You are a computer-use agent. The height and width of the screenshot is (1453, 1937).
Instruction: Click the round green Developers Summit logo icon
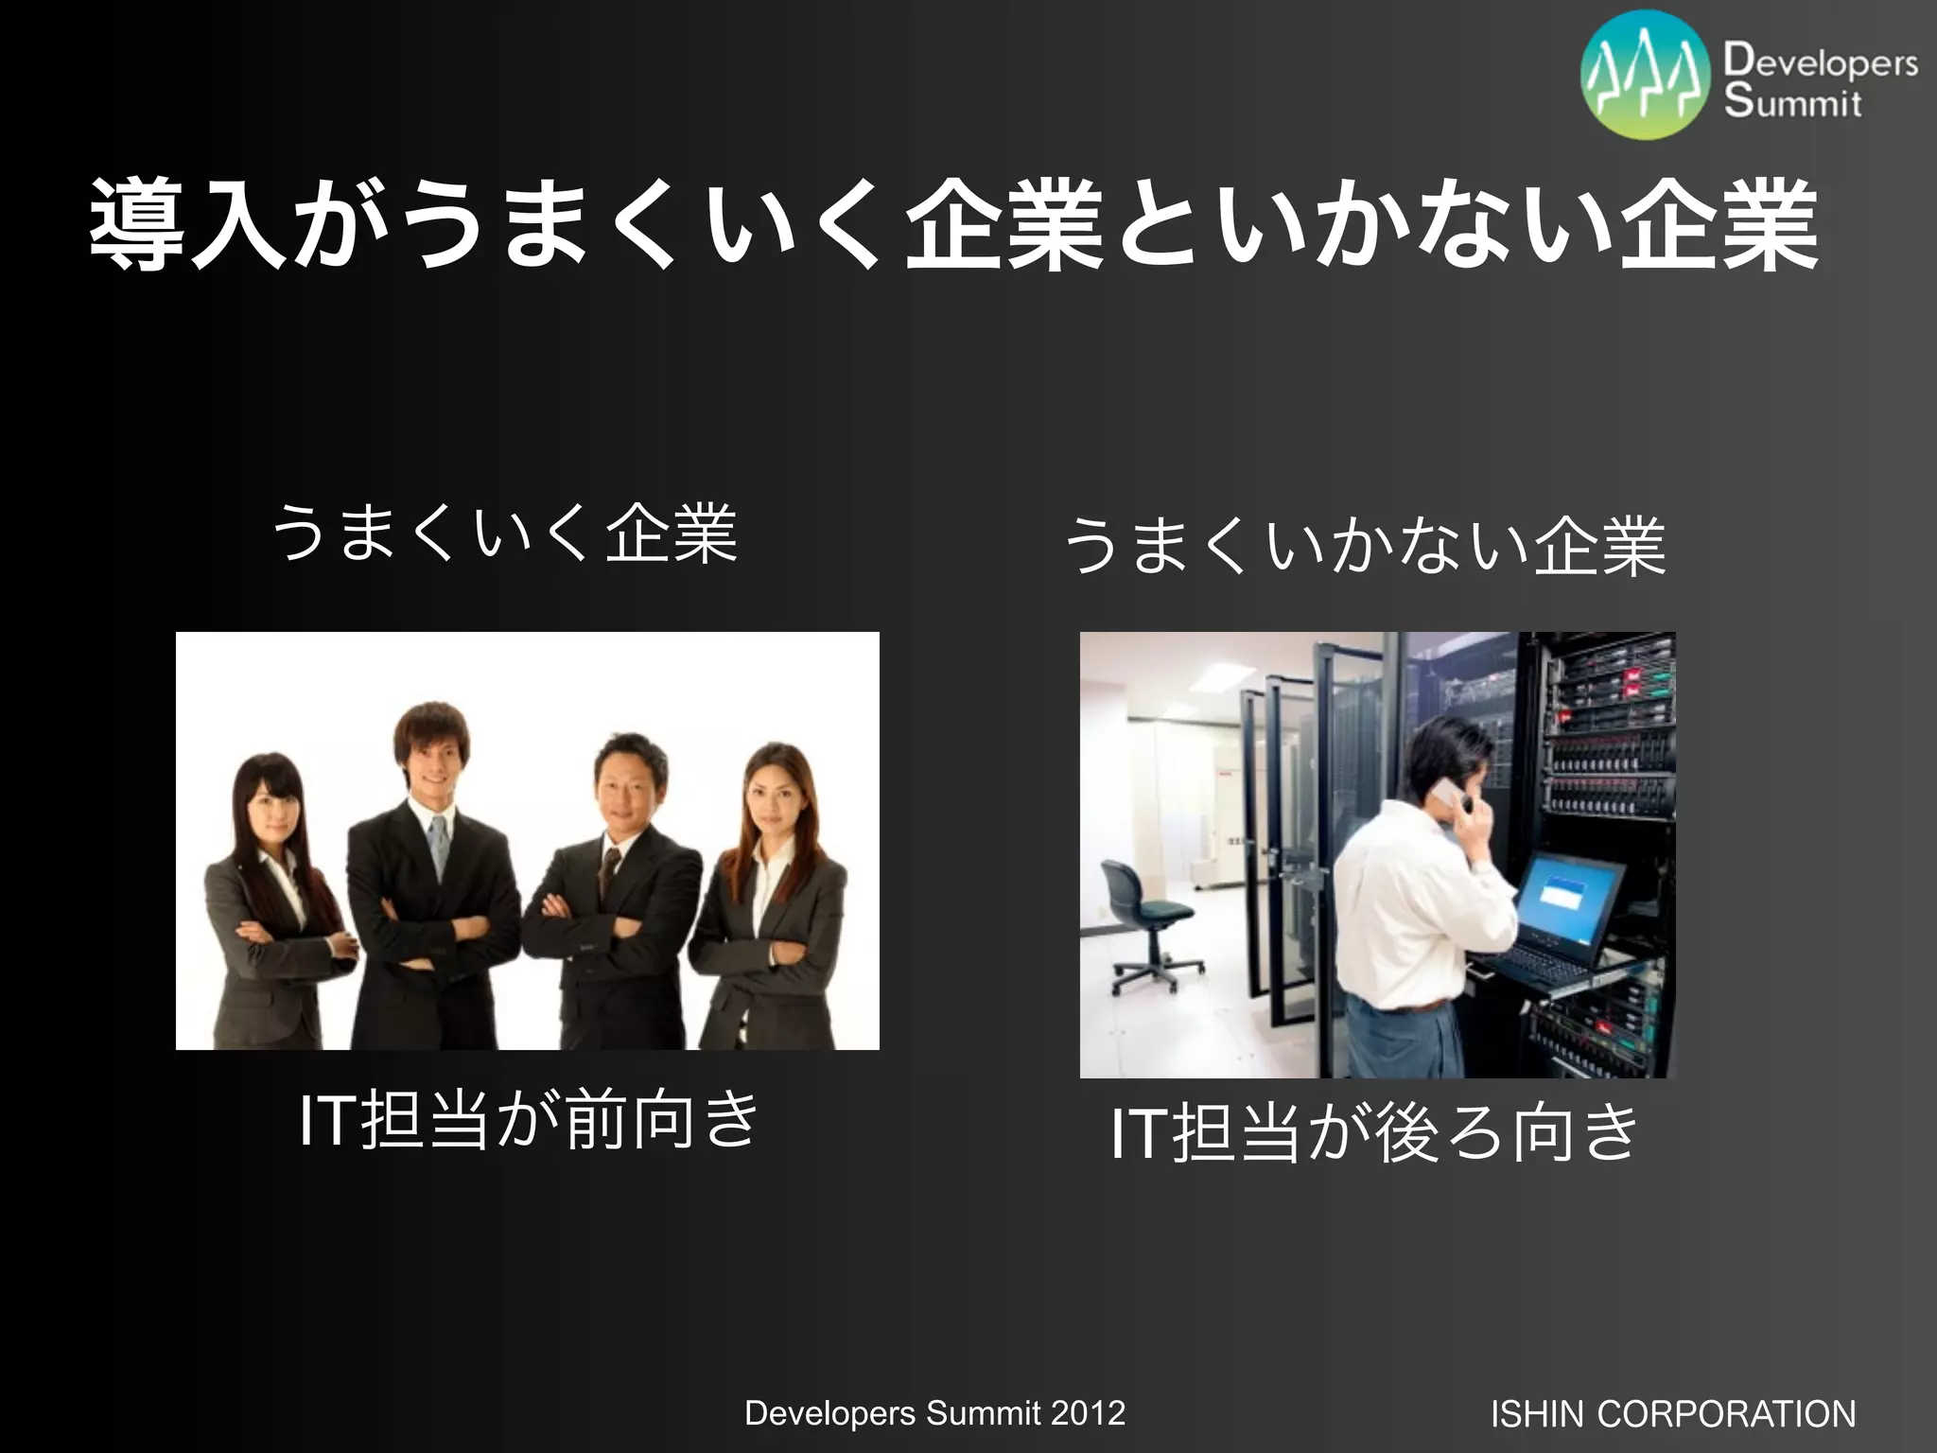pos(1647,76)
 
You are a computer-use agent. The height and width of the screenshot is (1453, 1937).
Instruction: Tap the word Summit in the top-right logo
pos(1792,101)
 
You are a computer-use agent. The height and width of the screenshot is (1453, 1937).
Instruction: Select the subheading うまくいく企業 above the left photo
pos(503,534)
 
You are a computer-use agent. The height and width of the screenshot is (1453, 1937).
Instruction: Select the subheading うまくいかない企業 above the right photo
pos(1364,547)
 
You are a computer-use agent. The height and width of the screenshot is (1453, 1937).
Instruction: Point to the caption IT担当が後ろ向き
pos(1373,1132)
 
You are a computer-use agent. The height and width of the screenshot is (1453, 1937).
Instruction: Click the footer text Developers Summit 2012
pos(934,1412)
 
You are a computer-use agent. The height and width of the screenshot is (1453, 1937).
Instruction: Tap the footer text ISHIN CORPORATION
pos(1672,1414)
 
